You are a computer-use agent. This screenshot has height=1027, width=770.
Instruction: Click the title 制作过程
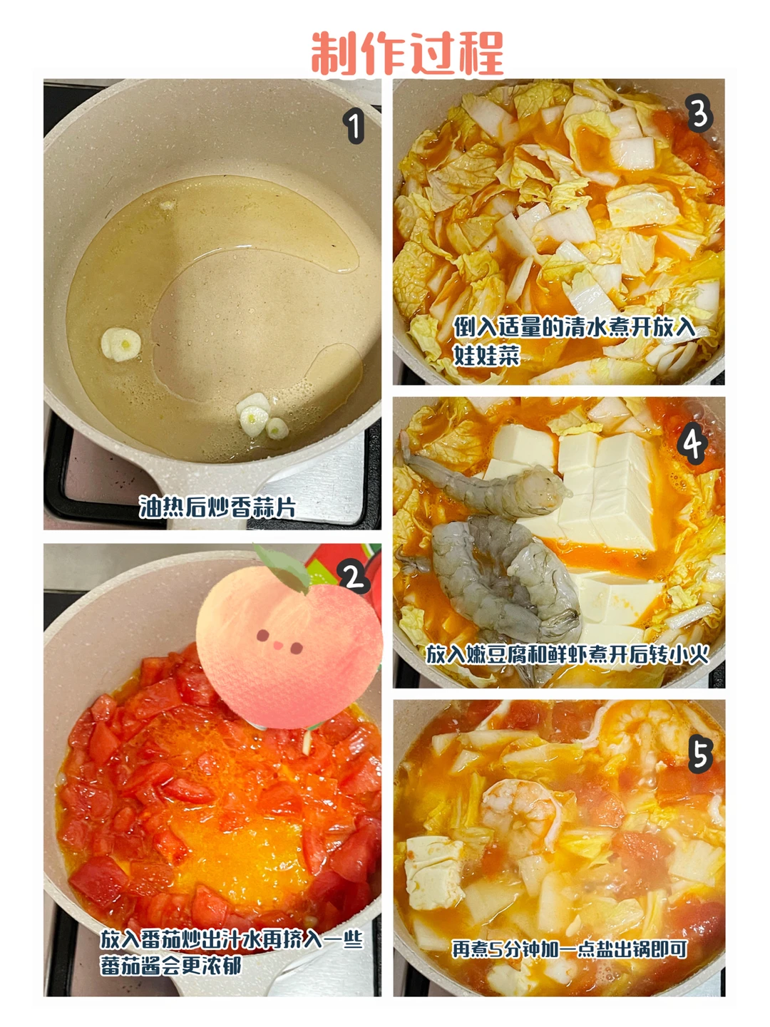point(407,53)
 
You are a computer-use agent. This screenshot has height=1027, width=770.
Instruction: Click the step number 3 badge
point(699,115)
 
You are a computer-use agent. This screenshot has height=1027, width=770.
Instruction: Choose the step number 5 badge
point(700,755)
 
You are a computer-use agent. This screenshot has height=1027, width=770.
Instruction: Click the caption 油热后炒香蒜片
point(217,507)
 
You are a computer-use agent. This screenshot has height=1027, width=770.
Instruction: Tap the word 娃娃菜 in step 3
point(487,356)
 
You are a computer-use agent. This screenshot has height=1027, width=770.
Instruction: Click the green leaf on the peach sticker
point(282,567)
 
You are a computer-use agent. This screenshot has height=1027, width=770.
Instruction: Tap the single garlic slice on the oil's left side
point(120,344)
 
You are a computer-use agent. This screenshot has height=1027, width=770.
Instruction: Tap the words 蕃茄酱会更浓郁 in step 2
point(170,964)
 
